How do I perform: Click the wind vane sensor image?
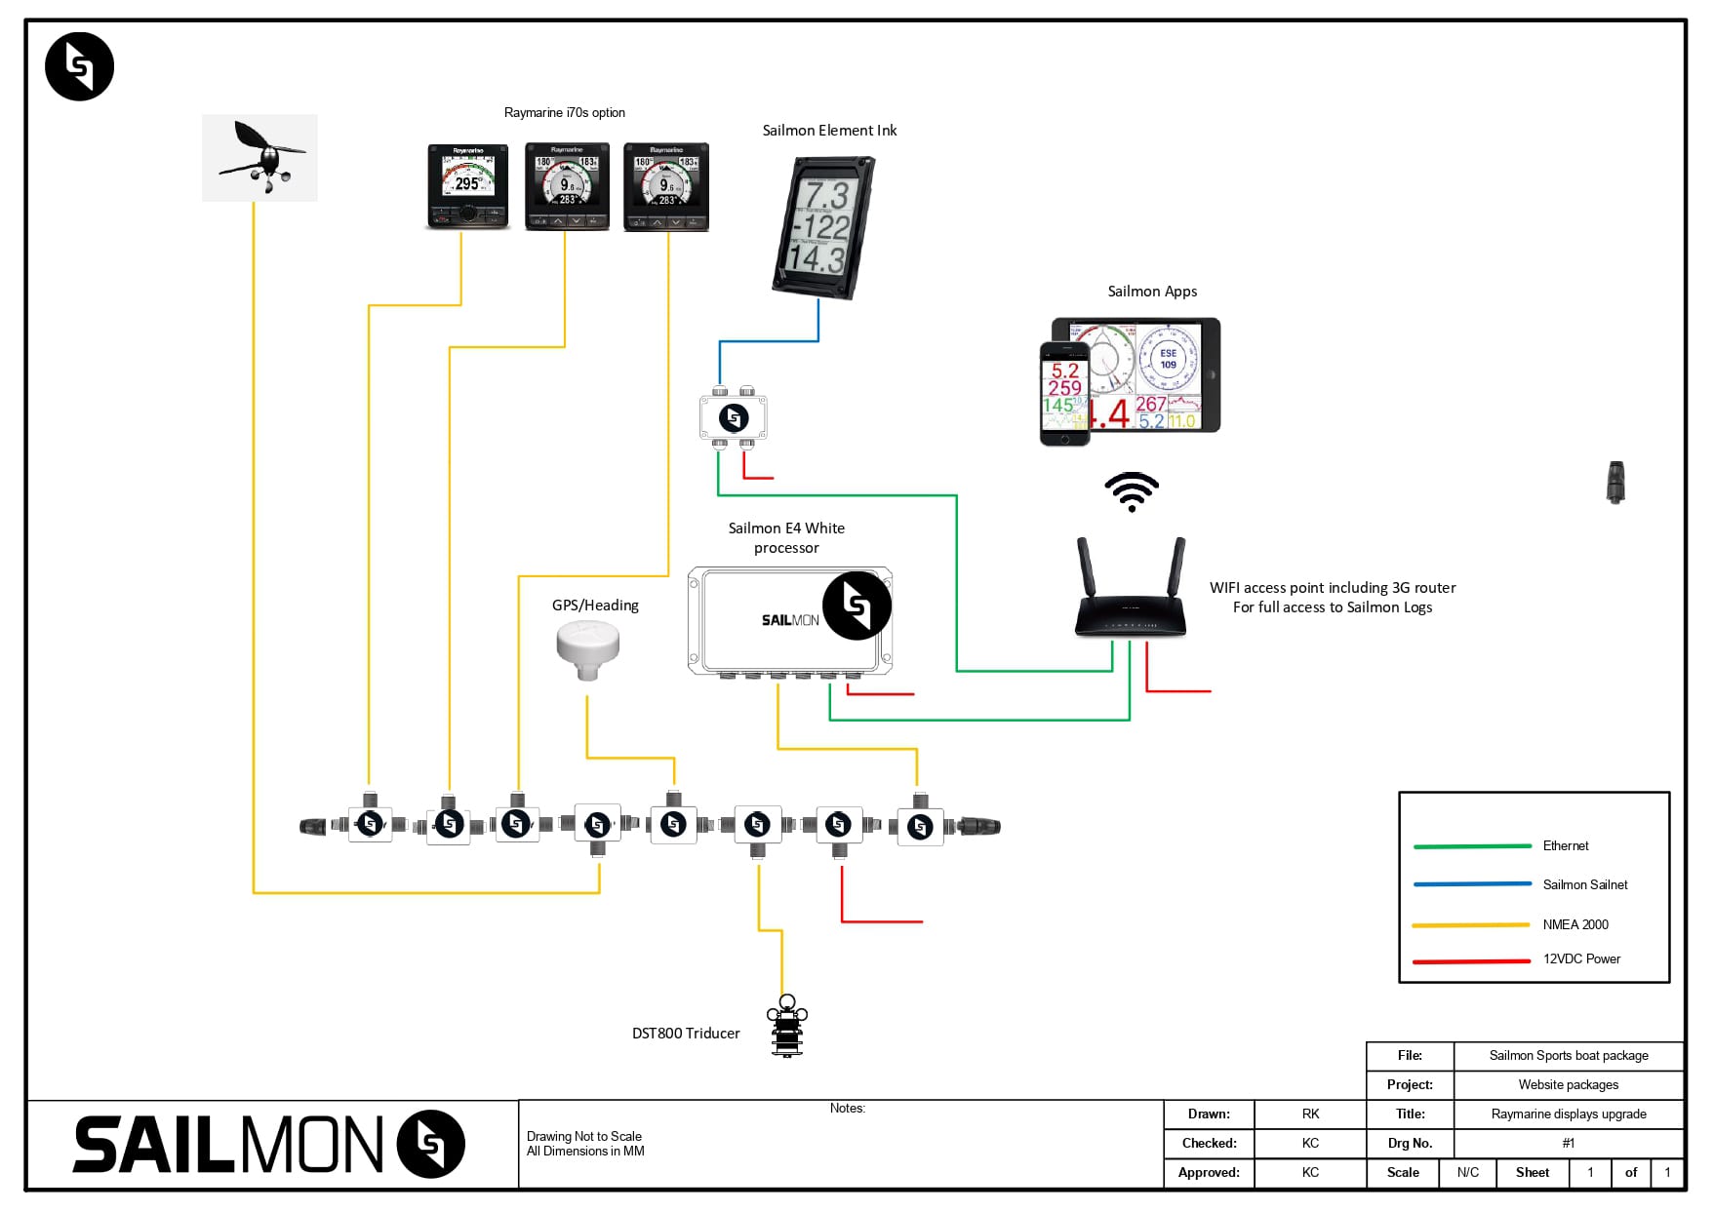click(x=259, y=158)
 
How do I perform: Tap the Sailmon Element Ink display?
click(x=822, y=228)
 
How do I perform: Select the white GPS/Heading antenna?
click(x=587, y=648)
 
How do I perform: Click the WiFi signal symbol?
click(x=1132, y=491)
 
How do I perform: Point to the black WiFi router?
click(x=1131, y=595)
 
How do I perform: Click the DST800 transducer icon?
click(x=787, y=1026)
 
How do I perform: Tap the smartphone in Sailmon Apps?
click(x=1064, y=394)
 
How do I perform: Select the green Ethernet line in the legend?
click(x=1472, y=846)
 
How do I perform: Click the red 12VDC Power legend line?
click(x=1471, y=961)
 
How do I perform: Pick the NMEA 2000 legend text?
click(x=1575, y=924)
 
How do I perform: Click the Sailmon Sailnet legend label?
click(x=1585, y=884)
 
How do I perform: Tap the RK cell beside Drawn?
click(x=1310, y=1114)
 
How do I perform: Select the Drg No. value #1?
click(x=1568, y=1143)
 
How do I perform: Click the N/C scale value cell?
click(x=1467, y=1172)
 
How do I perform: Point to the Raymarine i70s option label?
click(x=564, y=112)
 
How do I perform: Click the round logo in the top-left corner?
click(x=80, y=66)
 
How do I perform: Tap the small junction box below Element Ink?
click(x=734, y=417)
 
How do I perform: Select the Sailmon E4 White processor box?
click(x=790, y=620)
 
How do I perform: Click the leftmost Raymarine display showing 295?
click(x=468, y=186)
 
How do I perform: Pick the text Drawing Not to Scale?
click(x=584, y=1136)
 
